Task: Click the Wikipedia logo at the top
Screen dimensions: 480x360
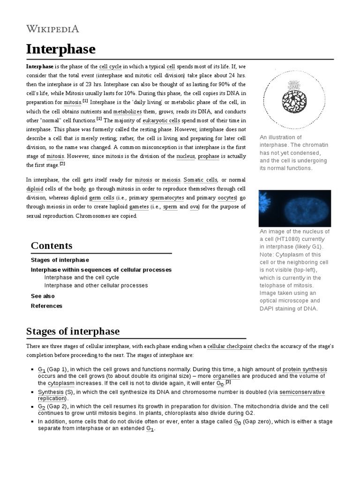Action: coord(52,29)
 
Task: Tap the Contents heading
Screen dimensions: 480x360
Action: coord(52,246)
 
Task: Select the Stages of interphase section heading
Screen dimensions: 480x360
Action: coord(73,331)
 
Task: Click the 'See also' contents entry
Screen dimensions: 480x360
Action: coord(43,296)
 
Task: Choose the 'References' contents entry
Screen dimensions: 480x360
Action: coord(46,306)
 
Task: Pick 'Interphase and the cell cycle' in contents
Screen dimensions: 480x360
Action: coord(82,277)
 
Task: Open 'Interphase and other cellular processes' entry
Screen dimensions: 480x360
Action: coord(96,285)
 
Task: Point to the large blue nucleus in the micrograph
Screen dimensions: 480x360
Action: coord(300,209)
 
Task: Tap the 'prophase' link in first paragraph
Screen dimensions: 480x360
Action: coord(208,156)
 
